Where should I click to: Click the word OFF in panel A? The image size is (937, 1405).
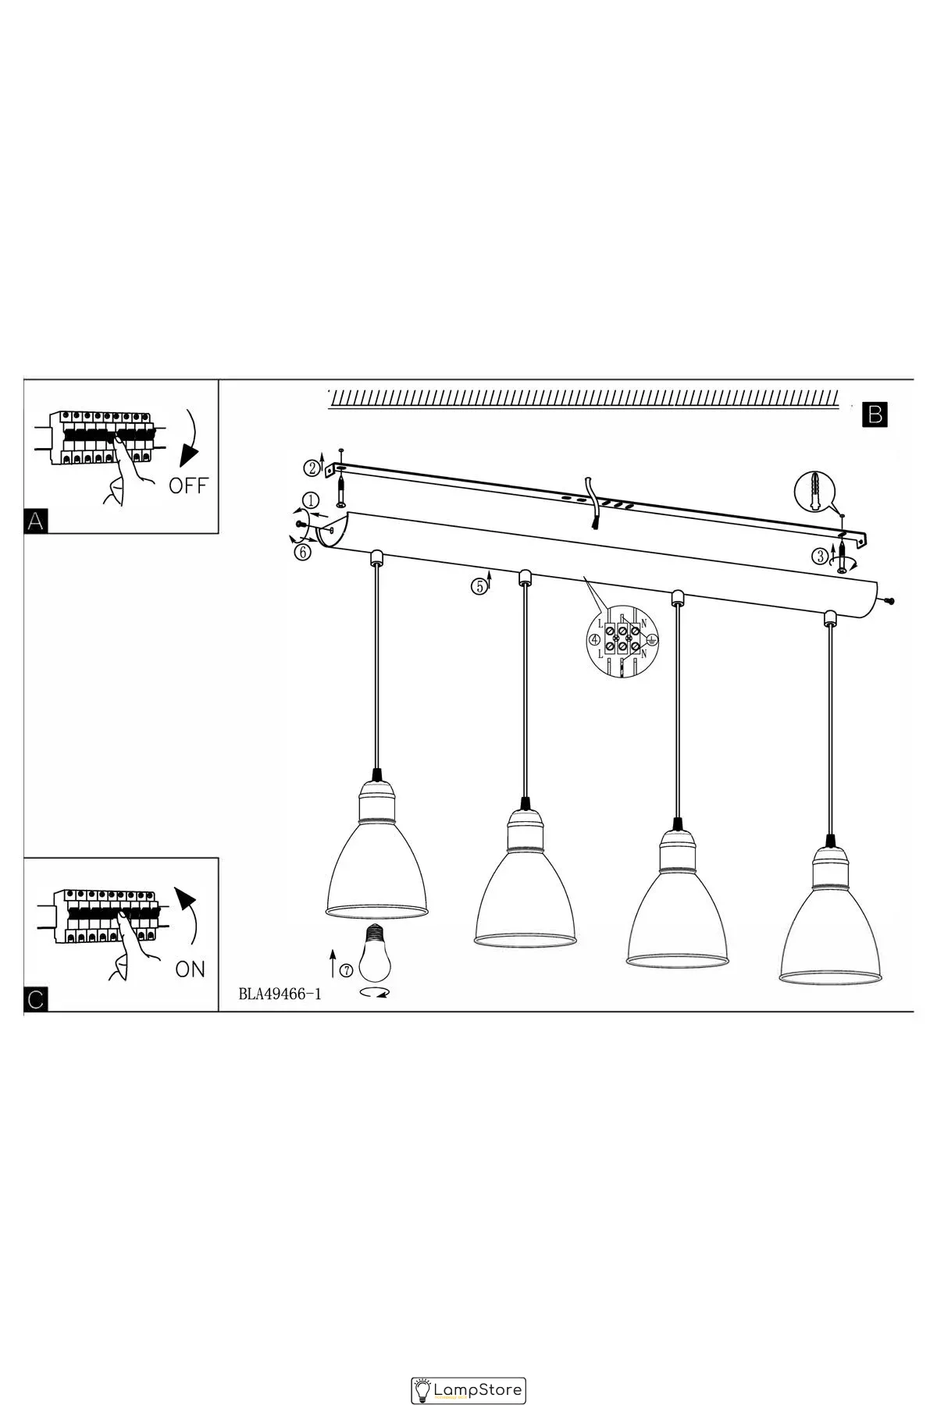[x=188, y=486]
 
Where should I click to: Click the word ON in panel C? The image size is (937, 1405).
[x=190, y=969]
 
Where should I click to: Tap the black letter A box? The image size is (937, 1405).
[x=35, y=521]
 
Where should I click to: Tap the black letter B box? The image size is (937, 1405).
[x=875, y=414]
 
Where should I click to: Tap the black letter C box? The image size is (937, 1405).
[x=36, y=1000]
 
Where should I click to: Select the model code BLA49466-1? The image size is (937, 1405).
[x=280, y=994]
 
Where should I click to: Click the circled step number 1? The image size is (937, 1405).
[x=310, y=500]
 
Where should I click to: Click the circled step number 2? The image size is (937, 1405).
[x=312, y=468]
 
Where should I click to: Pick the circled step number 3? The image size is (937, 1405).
[x=820, y=556]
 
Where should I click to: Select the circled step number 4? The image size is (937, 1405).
[x=595, y=640]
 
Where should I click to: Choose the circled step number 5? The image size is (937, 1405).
[x=478, y=585]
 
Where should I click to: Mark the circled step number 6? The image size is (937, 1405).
[x=303, y=553]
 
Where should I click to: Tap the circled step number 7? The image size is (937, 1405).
[x=346, y=970]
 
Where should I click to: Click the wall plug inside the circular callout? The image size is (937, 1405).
[x=815, y=491]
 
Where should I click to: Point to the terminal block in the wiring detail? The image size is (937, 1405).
[x=622, y=640]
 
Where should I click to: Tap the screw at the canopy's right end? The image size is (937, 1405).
[x=889, y=600]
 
